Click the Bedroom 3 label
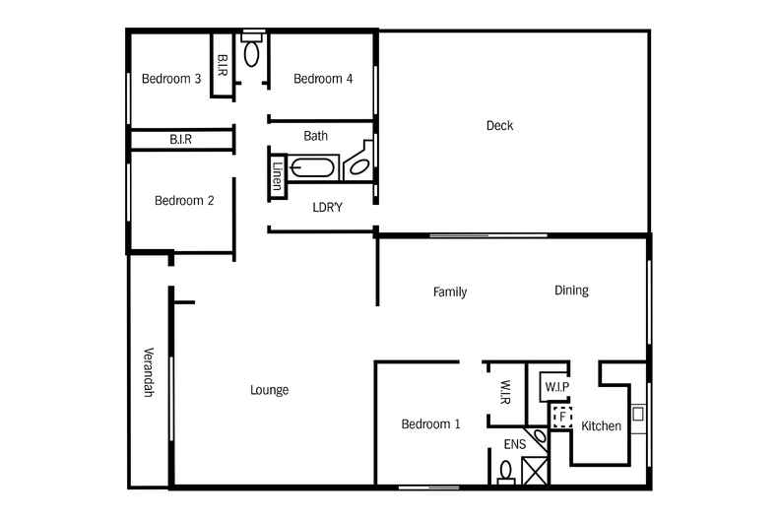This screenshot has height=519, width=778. point(171,79)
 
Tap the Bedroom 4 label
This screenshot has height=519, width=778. point(323,79)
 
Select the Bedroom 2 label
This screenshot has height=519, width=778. point(184,201)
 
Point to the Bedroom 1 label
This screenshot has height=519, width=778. point(430,424)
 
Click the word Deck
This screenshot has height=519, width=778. point(499,125)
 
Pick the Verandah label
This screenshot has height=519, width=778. point(149,372)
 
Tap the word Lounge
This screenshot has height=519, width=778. point(269,390)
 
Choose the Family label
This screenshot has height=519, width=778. point(450,292)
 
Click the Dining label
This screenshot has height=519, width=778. point(571,291)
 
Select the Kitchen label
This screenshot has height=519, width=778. point(601,426)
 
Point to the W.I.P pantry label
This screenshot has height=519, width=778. point(557,387)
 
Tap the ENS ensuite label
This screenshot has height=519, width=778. point(515,444)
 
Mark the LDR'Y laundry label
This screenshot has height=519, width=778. point(327,207)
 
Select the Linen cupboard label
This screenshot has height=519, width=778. point(277,175)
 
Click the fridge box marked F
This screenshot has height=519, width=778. point(561,417)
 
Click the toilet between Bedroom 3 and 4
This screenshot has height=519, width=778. point(252,51)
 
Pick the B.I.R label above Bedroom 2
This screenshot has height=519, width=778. point(180,140)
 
